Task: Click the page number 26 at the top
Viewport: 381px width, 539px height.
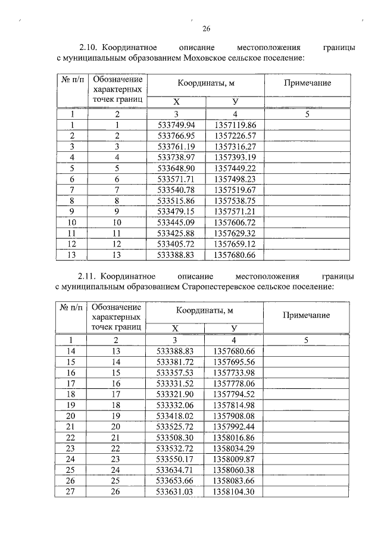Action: tap(207, 28)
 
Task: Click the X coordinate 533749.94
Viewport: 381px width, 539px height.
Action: tap(176, 125)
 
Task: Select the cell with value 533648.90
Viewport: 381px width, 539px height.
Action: tap(176, 168)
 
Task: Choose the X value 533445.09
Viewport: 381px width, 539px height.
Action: tap(176, 222)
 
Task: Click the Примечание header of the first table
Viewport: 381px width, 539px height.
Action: tap(307, 83)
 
